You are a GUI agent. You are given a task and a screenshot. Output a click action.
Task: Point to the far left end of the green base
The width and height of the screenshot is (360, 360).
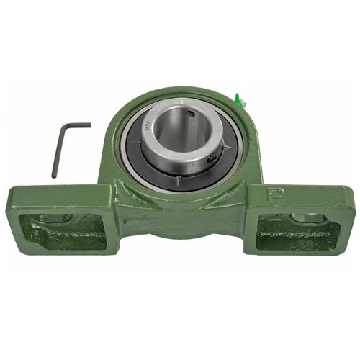pyautogui.click(x=9, y=216)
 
